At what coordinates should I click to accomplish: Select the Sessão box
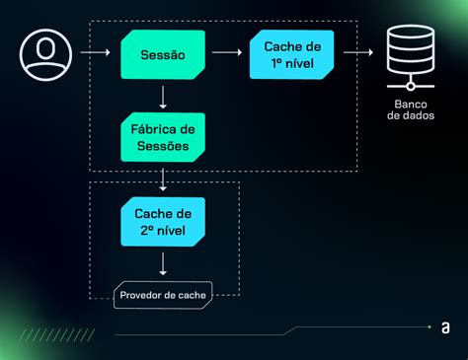point(164,55)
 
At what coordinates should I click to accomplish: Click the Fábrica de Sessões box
point(164,137)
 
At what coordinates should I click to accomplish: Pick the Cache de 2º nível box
point(164,221)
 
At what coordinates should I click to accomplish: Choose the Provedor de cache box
point(164,295)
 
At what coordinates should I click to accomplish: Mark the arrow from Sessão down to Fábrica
point(163,97)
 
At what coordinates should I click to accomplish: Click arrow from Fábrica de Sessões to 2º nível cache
point(163,179)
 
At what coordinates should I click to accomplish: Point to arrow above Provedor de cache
point(163,262)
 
